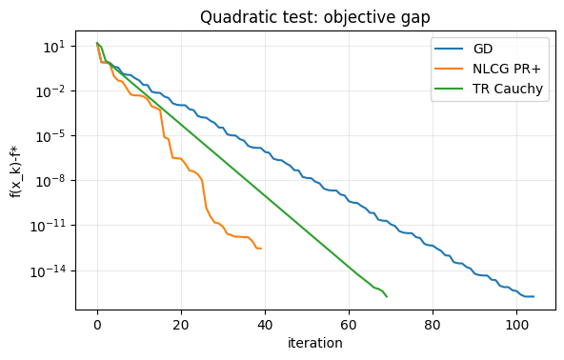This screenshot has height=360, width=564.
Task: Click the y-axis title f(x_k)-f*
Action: [x=14, y=167]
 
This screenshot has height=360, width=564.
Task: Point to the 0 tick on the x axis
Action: [x=97, y=323]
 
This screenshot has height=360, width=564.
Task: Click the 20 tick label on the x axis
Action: [x=181, y=323]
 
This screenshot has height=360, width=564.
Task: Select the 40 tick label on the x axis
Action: [x=265, y=323]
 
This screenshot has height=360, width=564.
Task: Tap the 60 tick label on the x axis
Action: [x=349, y=323]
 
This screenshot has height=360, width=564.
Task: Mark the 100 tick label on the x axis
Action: [x=516, y=323]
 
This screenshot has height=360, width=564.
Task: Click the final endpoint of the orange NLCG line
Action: [x=261, y=249]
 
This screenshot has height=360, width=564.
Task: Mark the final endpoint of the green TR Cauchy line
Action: [x=387, y=297]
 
